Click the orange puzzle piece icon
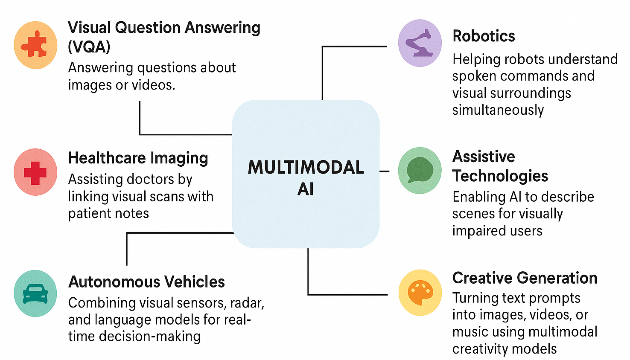point(35,45)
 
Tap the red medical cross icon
point(35,172)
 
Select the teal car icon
point(35,293)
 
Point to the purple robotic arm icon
point(420,43)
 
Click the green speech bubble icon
point(420,170)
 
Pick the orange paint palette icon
point(420,293)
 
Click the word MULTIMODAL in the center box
point(306,167)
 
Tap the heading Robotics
point(484,36)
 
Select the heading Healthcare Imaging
point(138,158)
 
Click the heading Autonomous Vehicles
point(146,282)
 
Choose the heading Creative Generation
point(525,278)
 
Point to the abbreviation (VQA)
point(89,46)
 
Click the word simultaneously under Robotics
point(498,110)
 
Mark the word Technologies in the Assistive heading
point(500,176)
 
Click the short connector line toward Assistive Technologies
point(384,171)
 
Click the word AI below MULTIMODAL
point(306,189)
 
